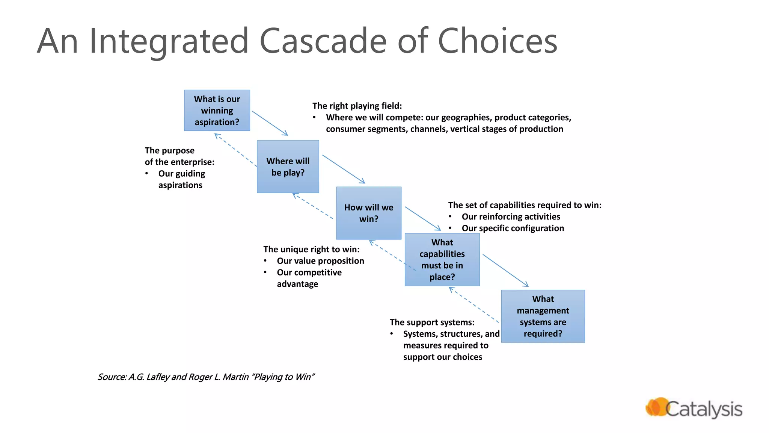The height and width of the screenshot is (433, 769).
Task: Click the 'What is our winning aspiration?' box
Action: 217,110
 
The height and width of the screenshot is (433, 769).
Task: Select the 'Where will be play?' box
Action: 288,167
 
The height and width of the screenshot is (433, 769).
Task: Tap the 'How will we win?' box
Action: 368,213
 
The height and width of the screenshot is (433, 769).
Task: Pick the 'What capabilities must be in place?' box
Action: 442,259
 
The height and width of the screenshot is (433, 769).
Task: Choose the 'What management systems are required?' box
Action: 543,316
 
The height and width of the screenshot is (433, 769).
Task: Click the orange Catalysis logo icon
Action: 656,407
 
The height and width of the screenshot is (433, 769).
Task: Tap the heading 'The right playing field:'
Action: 357,106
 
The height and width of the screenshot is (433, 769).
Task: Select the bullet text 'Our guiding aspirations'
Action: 181,179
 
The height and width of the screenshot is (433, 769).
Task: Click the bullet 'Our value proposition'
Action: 320,261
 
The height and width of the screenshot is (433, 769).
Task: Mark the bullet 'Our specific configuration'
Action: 513,228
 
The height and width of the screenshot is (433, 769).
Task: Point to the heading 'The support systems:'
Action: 432,322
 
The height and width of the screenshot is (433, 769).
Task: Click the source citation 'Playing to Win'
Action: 283,377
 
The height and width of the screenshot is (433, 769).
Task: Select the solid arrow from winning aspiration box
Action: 270,123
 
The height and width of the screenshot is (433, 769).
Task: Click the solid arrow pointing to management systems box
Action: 505,270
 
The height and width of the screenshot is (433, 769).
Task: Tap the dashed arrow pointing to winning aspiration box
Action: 235,150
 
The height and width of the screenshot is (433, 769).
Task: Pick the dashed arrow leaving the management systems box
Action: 474,305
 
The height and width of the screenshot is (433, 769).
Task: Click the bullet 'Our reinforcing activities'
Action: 511,216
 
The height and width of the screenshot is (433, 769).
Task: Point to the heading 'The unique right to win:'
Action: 311,249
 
